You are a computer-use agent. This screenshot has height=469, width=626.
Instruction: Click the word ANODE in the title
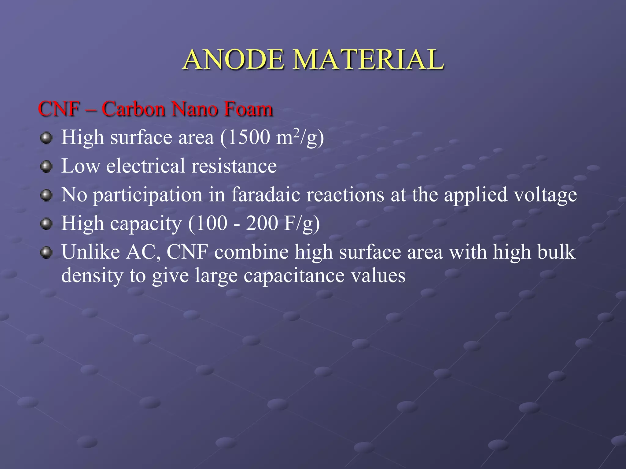[x=234, y=60]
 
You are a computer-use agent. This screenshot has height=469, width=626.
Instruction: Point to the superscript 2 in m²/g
[x=296, y=133]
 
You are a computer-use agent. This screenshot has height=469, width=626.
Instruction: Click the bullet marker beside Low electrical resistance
[x=46, y=167]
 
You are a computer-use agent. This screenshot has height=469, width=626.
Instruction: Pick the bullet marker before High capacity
[x=46, y=224]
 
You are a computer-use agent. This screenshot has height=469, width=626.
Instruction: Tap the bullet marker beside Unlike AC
[x=46, y=253]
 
